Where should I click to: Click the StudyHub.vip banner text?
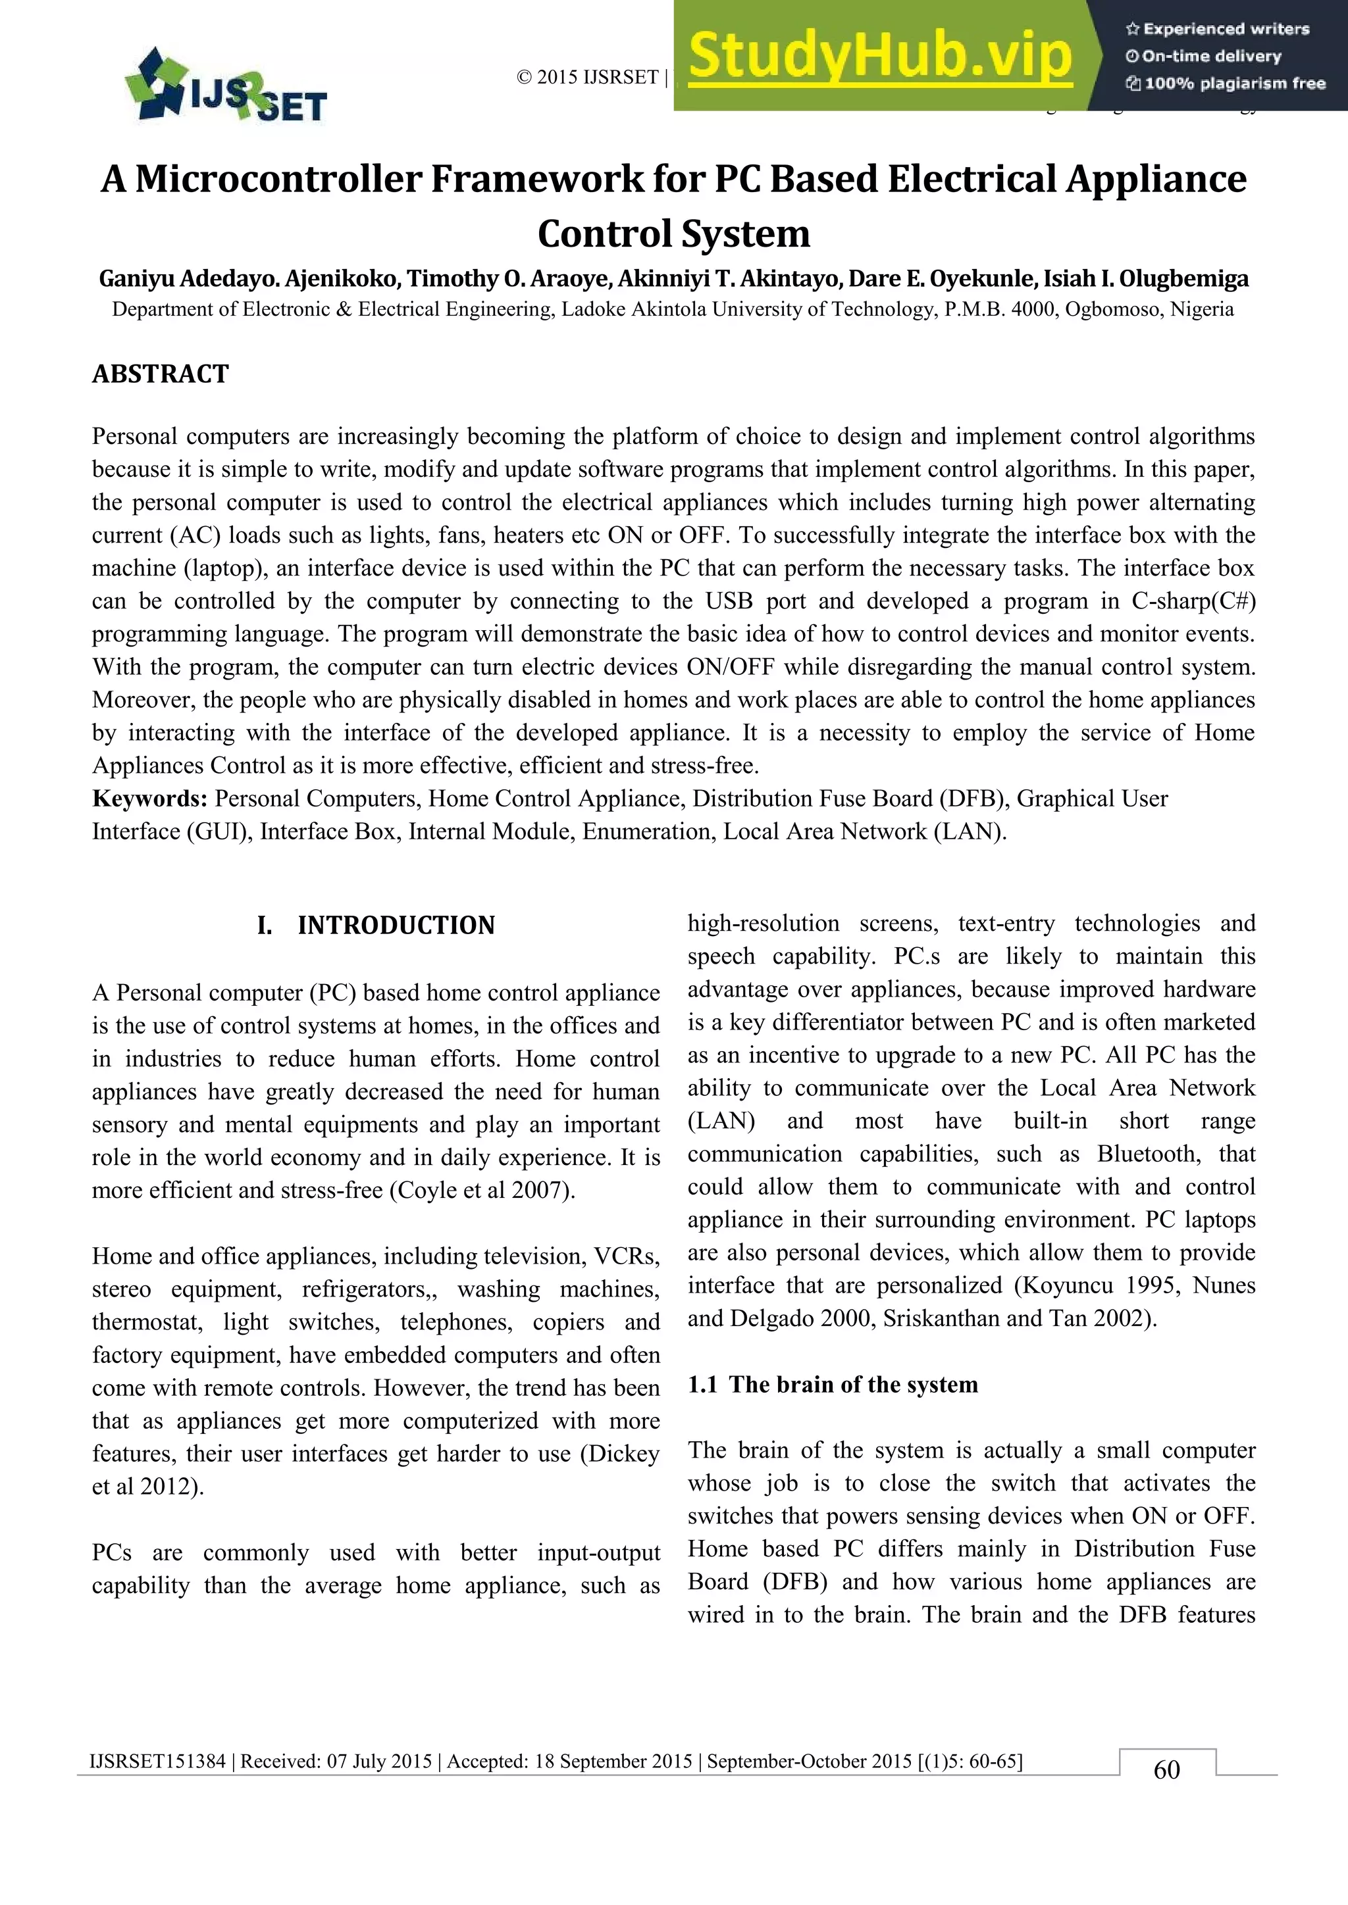click(x=880, y=55)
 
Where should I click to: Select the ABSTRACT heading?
click(x=160, y=374)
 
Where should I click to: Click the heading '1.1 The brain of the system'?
click(x=833, y=1384)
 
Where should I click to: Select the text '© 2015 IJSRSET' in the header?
click(x=587, y=77)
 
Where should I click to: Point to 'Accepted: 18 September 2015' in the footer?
click(x=569, y=1761)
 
